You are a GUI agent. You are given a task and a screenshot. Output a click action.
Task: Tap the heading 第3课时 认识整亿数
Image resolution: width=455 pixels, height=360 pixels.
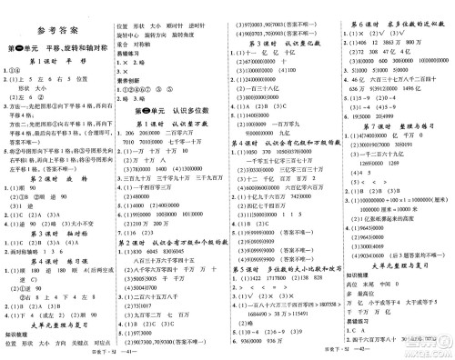pos(283,44)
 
